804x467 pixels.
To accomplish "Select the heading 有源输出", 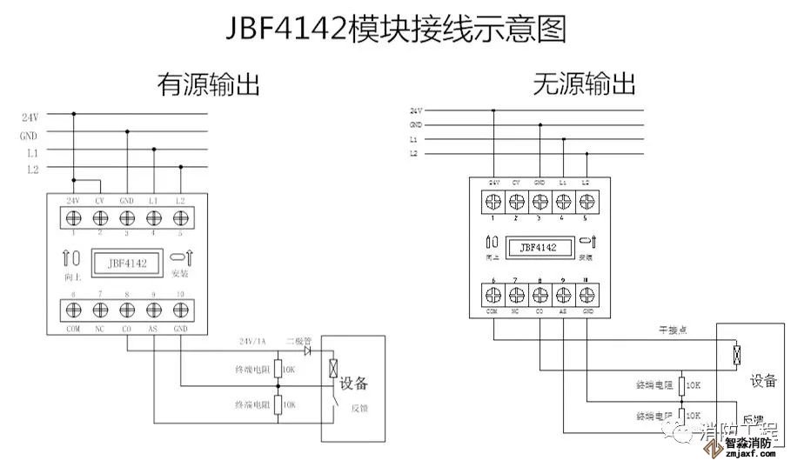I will (x=209, y=84).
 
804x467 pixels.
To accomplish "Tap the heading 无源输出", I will (x=585, y=84).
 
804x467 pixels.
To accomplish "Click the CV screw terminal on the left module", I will (x=99, y=217).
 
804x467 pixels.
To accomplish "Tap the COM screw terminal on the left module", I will (x=73, y=310).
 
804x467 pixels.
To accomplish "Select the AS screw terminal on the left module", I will (x=153, y=310).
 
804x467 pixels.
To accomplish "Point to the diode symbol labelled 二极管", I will (x=307, y=350).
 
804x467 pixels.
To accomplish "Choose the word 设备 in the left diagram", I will (x=353, y=384).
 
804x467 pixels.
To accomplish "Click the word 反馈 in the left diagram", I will (x=358, y=407).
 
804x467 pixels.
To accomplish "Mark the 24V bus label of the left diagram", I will (x=30, y=116).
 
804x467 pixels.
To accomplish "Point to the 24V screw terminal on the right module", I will (x=493, y=202).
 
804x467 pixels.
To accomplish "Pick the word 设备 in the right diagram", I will (x=763, y=381).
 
